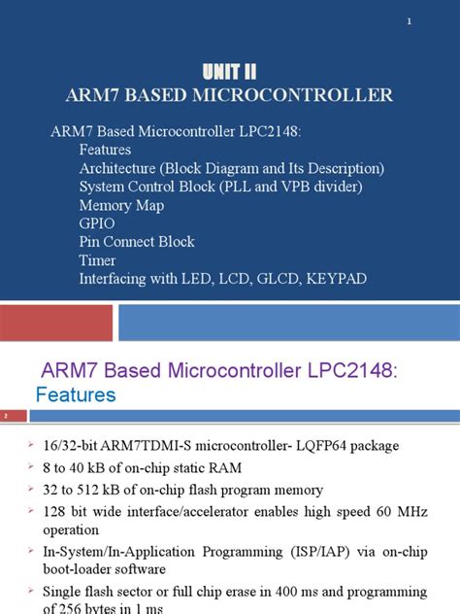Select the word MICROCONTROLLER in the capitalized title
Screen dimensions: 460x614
coord(311,95)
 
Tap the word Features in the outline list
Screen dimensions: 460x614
coord(105,151)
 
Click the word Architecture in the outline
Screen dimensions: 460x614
coord(119,168)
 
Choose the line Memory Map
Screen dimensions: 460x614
coord(121,205)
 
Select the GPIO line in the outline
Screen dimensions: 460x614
coord(98,223)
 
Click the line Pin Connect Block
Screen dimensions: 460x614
coord(137,242)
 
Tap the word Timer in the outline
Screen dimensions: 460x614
coord(97,260)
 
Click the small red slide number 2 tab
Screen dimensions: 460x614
coord(7,415)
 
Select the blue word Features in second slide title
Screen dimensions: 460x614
coord(76,395)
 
